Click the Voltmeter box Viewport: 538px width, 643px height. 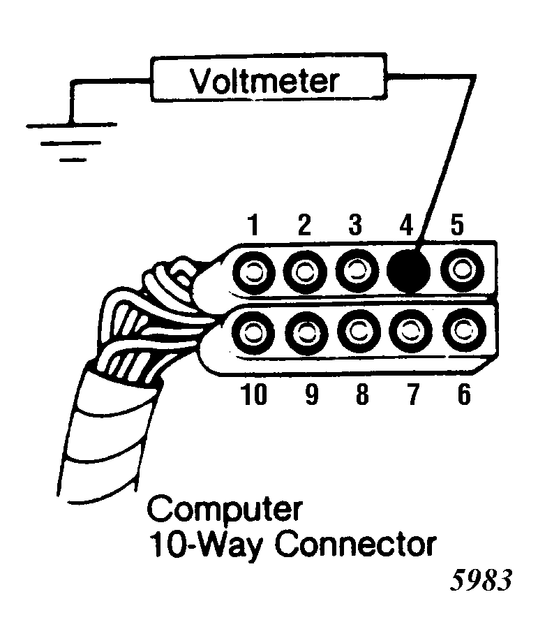[263, 82]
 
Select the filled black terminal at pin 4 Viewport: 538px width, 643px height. [408, 270]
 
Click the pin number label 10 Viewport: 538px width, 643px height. [254, 395]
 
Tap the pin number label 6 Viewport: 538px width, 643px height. [463, 395]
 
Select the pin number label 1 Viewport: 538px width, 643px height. [254, 226]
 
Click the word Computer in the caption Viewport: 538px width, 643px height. [225, 510]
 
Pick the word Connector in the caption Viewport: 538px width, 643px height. [355, 544]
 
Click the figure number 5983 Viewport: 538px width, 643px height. [481, 582]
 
